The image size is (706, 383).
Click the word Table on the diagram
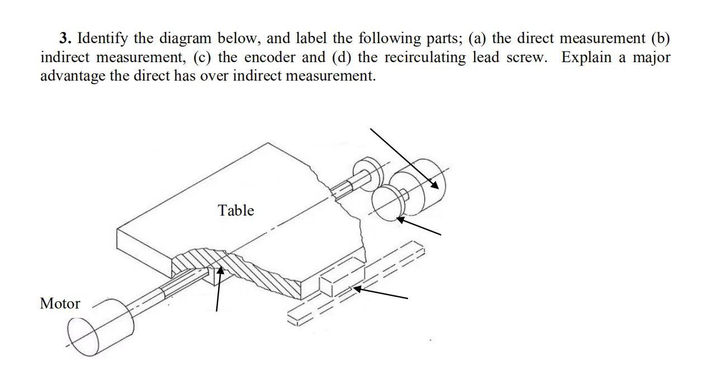[236, 211]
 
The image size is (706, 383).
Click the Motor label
[60, 303]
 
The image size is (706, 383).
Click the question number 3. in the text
[66, 39]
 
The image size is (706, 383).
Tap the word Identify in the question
[101, 39]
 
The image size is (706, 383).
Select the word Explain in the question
[587, 57]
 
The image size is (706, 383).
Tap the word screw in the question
[525, 57]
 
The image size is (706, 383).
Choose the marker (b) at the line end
[660, 39]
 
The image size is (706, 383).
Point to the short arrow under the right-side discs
[419, 226]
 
